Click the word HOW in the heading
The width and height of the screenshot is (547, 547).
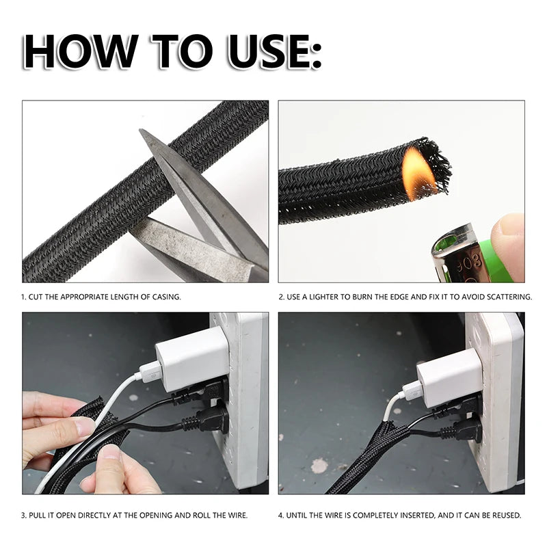coord(80,52)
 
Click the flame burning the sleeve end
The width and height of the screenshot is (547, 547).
coord(418,174)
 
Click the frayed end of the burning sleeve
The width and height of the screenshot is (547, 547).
coord(436,165)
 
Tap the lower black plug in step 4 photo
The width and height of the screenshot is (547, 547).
coord(461,430)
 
